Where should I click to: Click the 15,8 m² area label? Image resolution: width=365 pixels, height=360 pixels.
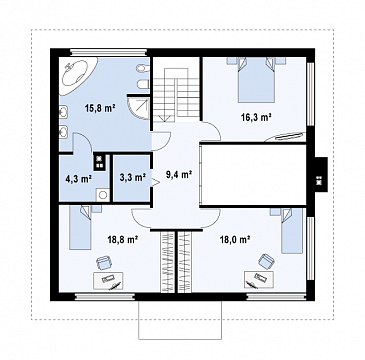click(x=100, y=108)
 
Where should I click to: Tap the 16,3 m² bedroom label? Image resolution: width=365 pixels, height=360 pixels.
click(x=256, y=117)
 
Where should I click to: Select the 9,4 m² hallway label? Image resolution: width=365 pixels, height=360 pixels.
click(x=179, y=174)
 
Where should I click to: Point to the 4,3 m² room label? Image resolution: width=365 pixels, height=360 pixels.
click(x=79, y=179)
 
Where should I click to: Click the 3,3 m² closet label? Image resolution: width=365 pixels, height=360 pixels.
click(x=133, y=177)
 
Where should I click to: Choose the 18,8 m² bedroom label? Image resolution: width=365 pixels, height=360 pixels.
click(x=123, y=239)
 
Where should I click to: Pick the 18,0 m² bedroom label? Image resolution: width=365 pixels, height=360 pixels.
click(x=235, y=239)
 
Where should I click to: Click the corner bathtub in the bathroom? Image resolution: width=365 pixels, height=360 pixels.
click(x=78, y=76)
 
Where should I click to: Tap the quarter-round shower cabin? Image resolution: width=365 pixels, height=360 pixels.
click(x=138, y=107)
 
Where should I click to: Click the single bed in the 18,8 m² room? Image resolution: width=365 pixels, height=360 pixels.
click(x=81, y=227)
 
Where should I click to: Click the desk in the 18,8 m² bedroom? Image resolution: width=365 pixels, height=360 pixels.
click(x=108, y=281)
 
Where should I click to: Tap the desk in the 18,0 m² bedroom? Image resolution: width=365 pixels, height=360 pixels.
click(x=259, y=279)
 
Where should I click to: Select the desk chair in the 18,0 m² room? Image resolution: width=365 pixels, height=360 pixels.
click(x=266, y=261)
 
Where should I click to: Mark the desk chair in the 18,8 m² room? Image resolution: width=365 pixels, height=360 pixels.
click(x=104, y=263)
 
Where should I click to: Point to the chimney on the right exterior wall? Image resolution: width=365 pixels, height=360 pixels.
click(x=321, y=174)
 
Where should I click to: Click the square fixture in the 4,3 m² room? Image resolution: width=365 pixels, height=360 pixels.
click(x=103, y=195)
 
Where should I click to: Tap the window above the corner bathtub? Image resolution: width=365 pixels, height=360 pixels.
click(x=108, y=52)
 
